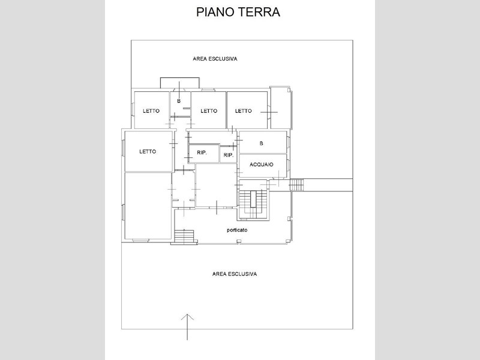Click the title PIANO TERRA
pyautogui.click(x=238, y=12)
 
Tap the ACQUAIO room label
pyautogui.click(x=262, y=164)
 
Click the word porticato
pyautogui.click(x=237, y=230)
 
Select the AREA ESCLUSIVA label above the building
pyautogui.click(x=215, y=59)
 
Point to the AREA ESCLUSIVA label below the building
pyautogui.click(x=235, y=274)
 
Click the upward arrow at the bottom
pyautogui.click(x=187, y=327)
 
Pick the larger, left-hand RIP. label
pyautogui.click(x=202, y=152)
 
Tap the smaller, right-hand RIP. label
pyautogui.click(x=229, y=155)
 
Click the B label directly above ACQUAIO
pyautogui.click(x=261, y=143)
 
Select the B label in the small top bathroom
pyautogui.click(x=179, y=101)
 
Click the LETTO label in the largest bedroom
pyautogui.click(x=148, y=152)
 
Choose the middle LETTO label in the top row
pyautogui.click(x=209, y=111)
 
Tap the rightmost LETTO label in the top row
pyautogui.click(x=244, y=111)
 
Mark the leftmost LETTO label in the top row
pyautogui.click(x=151, y=111)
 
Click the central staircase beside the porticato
pyautogui.click(x=253, y=204)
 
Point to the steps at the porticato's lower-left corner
pyautogui.click(x=184, y=236)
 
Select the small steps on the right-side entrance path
pyautogui.click(x=296, y=185)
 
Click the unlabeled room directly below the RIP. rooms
pyautogui.click(x=216, y=185)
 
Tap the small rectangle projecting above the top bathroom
pyautogui.click(x=180, y=83)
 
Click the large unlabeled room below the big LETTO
pyautogui.click(x=148, y=206)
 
